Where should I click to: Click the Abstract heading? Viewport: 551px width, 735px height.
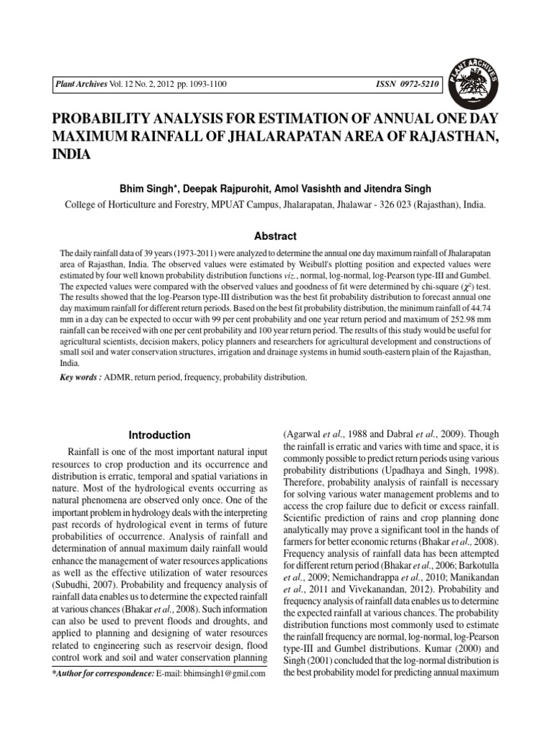275,236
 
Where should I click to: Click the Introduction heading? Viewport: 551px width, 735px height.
159,435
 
